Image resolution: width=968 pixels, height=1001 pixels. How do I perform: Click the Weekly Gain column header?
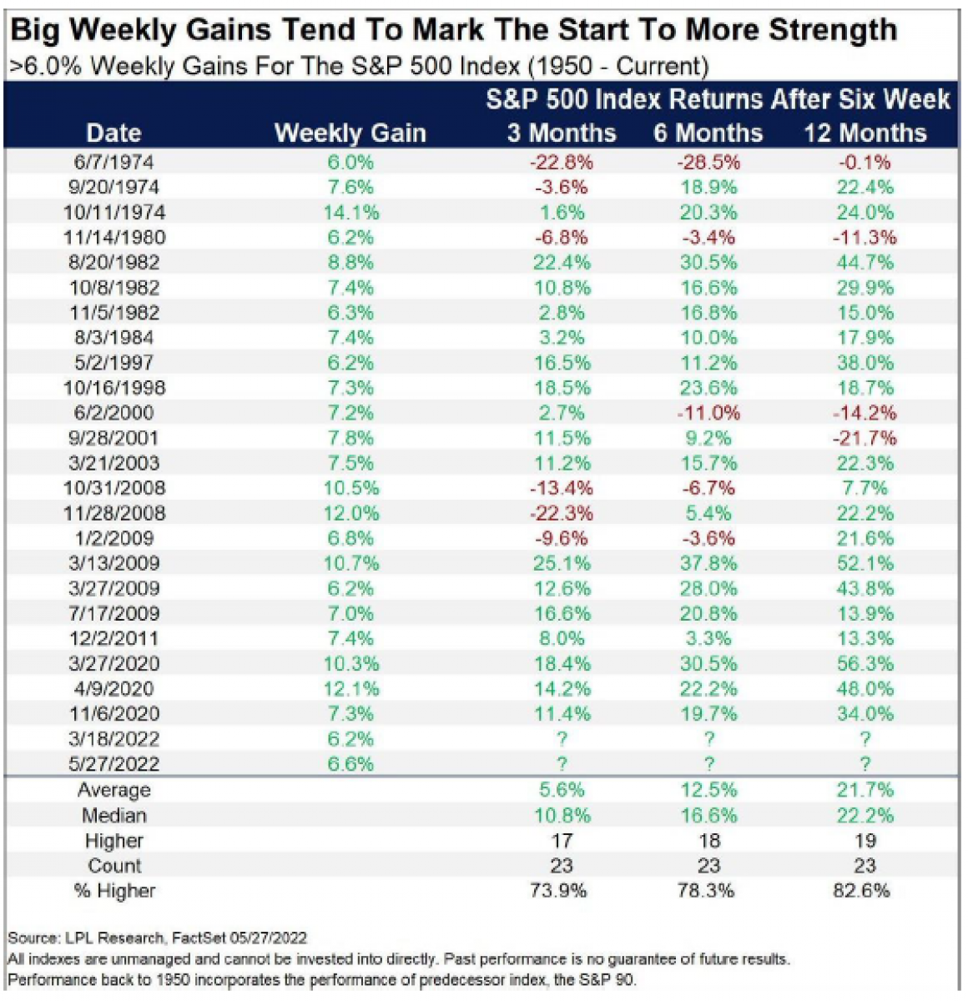click(350, 133)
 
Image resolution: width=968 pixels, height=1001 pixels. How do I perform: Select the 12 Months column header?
click(865, 133)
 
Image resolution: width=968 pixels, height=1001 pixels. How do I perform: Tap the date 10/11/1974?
click(114, 212)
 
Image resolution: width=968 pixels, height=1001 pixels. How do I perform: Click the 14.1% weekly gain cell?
click(350, 212)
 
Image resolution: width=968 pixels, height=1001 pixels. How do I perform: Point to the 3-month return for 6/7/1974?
click(561, 162)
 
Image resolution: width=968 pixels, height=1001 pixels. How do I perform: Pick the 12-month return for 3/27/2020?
click(865, 663)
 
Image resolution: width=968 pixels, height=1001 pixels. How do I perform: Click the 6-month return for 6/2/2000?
click(708, 413)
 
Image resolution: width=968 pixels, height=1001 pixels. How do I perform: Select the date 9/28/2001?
click(114, 438)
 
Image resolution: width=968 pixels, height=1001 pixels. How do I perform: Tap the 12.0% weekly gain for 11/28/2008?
click(350, 513)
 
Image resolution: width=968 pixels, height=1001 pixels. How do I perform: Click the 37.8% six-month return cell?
click(708, 563)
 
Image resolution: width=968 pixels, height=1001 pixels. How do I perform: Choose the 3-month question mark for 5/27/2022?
click(562, 764)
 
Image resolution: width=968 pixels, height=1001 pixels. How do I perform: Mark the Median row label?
click(114, 815)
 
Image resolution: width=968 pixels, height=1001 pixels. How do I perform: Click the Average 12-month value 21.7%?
click(865, 790)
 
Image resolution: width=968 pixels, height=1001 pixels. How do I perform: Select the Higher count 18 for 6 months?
click(708, 840)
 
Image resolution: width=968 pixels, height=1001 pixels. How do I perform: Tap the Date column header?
click(114, 133)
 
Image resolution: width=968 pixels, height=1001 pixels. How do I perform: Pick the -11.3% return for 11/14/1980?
click(865, 237)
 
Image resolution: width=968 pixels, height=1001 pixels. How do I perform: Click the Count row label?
click(114, 865)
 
